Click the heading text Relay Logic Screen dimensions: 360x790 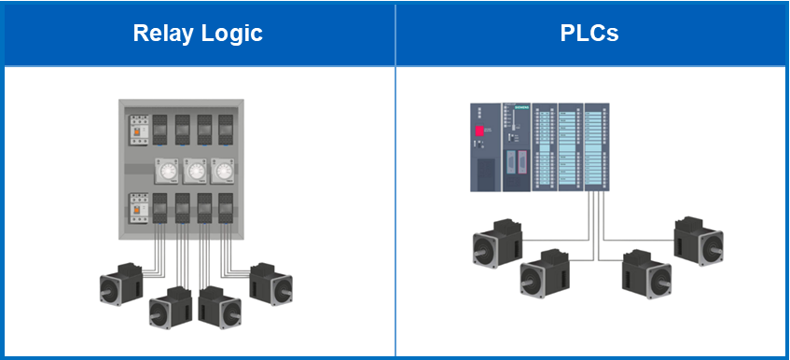coord(198,34)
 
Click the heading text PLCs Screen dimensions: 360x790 coord(589,34)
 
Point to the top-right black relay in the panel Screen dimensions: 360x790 coord(226,128)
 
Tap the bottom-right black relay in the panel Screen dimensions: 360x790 coord(226,207)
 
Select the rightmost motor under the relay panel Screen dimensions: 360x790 coord(271,283)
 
